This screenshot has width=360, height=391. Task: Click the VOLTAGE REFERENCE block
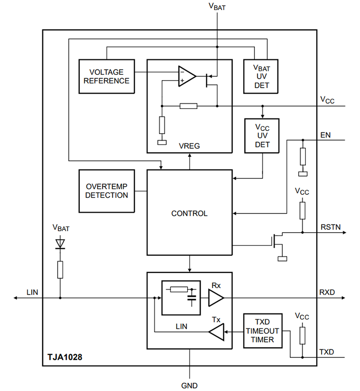pos(107,76)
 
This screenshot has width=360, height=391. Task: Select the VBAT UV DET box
pos(262,76)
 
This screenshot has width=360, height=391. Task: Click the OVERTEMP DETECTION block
pos(107,191)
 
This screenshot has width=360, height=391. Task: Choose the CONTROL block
pos(189,213)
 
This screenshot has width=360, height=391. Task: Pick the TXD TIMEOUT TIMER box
pos(262,331)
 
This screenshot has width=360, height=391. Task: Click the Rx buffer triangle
pos(216,298)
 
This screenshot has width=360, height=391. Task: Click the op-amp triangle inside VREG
pos(186,76)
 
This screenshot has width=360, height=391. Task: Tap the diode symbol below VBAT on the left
pos(60,244)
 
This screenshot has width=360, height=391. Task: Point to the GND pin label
pos(190,385)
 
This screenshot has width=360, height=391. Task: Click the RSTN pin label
pos(330,226)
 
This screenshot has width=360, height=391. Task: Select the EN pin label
pos(325,135)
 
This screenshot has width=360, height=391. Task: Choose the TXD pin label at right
pos(327,352)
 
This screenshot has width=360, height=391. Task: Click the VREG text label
pos(189,145)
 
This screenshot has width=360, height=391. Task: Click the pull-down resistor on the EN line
pos(302,156)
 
